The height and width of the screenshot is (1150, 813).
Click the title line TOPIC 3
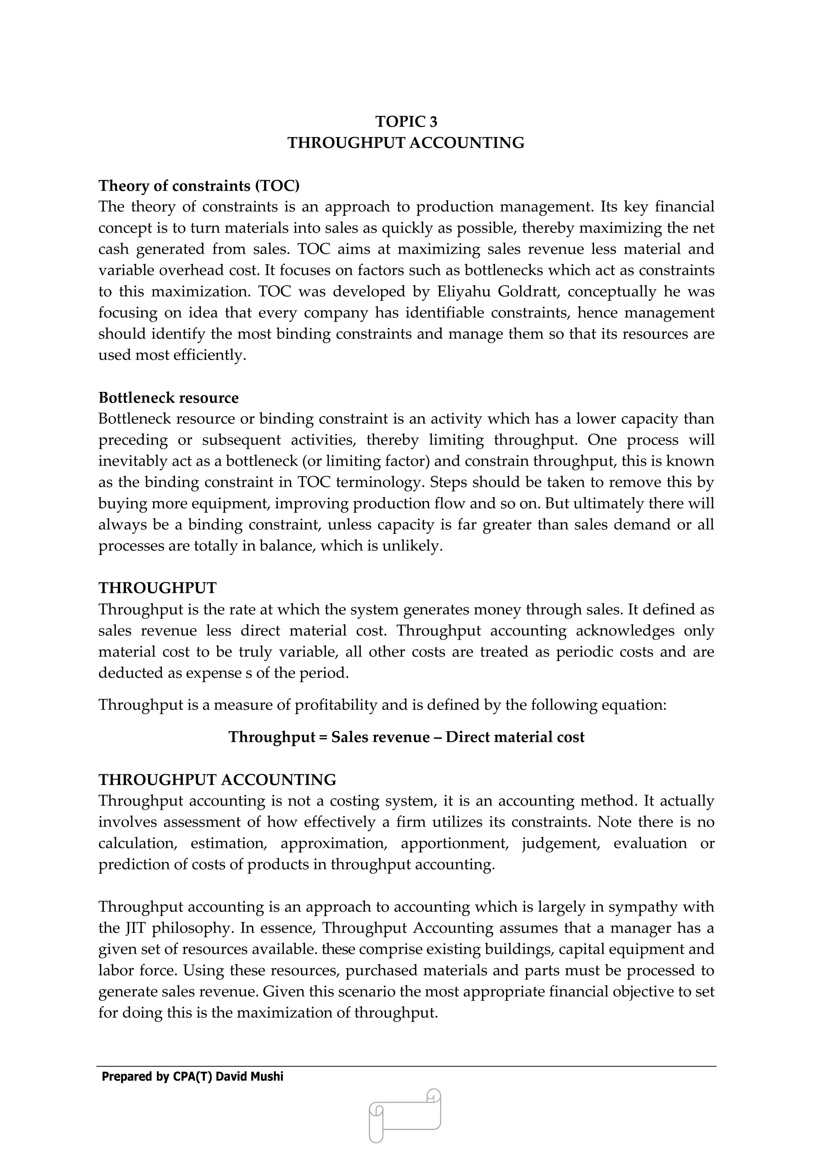pos(406,122)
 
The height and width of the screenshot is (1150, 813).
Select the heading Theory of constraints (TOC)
pos(199,186)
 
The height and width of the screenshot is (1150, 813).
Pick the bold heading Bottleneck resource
pos(168,397)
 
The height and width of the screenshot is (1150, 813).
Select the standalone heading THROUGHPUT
pos(157,588)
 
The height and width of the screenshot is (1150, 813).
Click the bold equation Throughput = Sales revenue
pos(406,737)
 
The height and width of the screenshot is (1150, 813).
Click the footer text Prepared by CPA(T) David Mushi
pos(192,1077)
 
